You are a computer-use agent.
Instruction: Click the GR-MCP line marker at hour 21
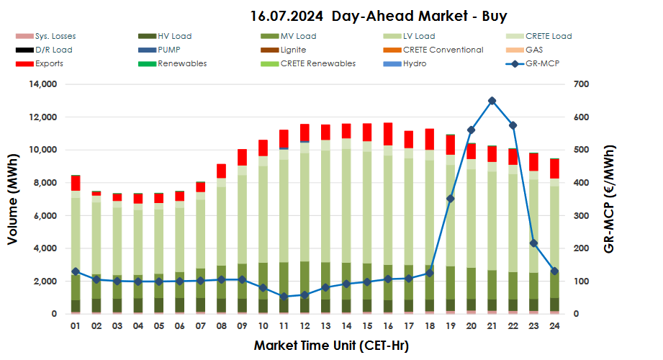[492, 101]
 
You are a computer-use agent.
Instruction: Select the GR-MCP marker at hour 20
[472, 130]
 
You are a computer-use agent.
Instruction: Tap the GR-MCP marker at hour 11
[284, 297]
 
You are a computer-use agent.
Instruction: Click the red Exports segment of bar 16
[388, 135]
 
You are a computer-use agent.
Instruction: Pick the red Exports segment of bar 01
[75, 183]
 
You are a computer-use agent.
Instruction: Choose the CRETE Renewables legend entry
[328, 63]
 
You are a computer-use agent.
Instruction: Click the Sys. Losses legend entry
[55, 36]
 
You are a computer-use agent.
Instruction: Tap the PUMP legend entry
[168, 50]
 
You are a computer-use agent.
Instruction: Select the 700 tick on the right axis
[581, 84]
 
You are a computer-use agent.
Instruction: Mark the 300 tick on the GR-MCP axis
[581, 216]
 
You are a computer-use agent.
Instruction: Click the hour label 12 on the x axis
[305, 326]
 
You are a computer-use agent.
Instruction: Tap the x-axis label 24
[554, 326]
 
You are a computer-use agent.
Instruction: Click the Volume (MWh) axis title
[13, 199]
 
